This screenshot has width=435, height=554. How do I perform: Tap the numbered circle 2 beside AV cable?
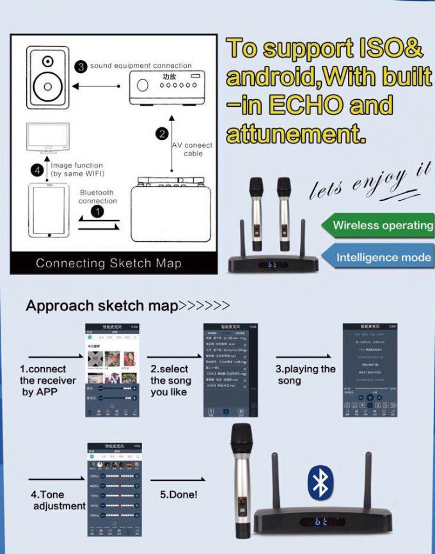click(162, 134)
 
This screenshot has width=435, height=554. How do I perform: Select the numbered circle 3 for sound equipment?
click(81, 67)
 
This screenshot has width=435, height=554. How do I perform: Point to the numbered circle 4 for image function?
click(37, 170)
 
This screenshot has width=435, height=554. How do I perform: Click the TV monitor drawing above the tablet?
click(49, 139)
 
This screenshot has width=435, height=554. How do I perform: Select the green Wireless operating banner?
click(380, 225)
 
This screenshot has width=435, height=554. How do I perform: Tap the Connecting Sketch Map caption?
click(109, 264)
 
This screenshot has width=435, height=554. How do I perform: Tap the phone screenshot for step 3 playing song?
click(370, 370)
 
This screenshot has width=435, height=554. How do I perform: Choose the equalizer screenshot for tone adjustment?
click(113, 489)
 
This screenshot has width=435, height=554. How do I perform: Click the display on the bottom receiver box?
click(325, 521)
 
